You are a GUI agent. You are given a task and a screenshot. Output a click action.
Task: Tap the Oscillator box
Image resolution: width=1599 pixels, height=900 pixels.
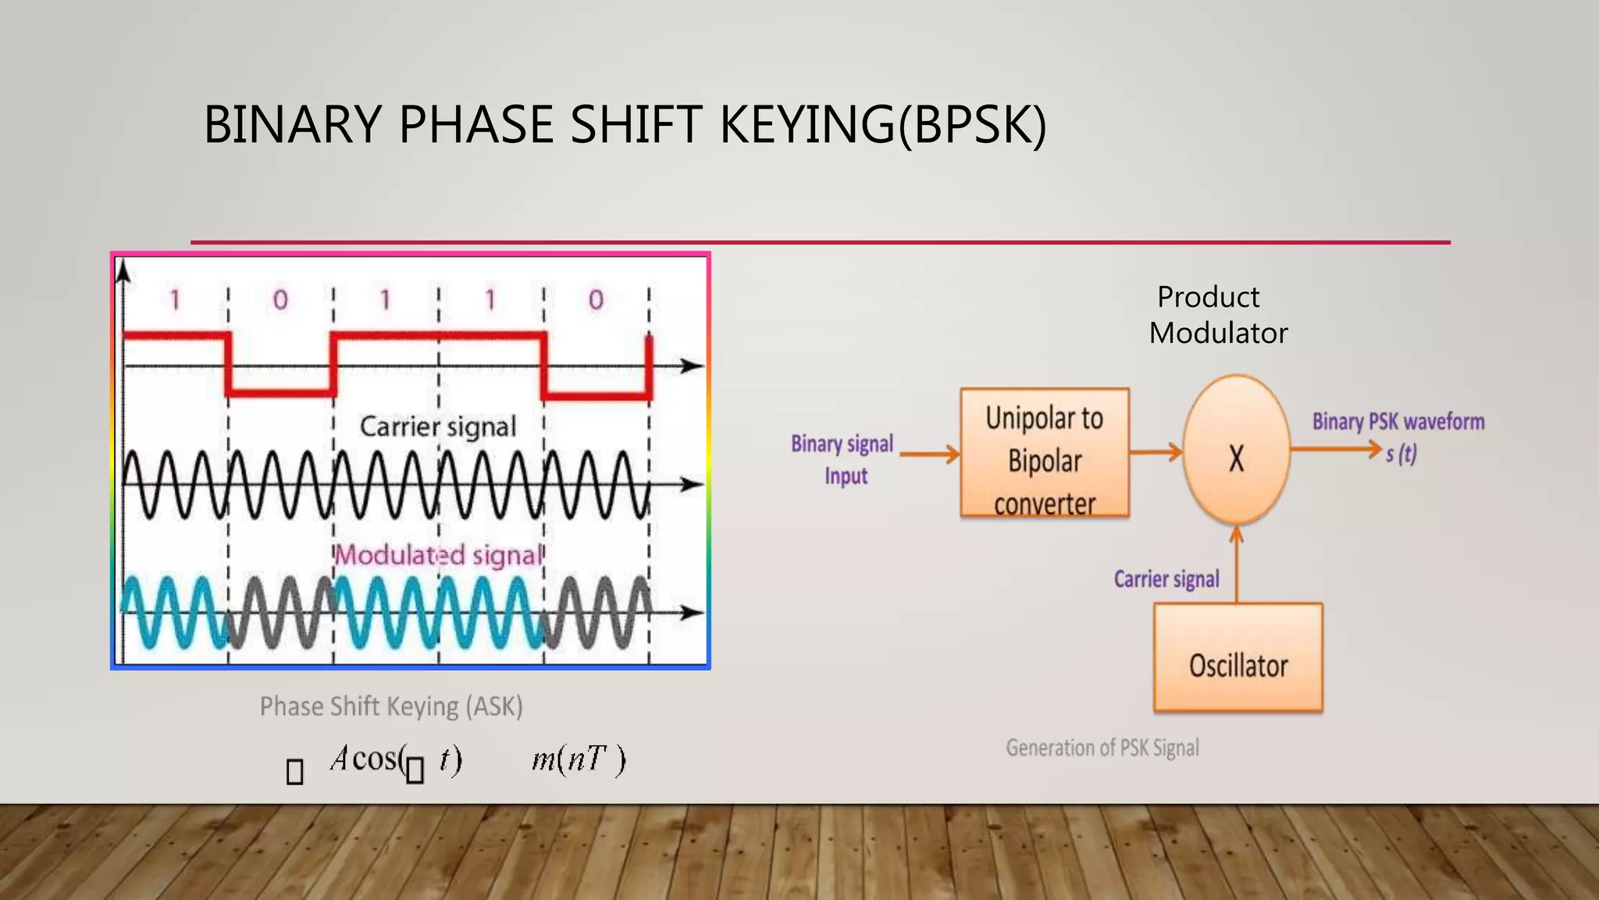[x=1238, y=658]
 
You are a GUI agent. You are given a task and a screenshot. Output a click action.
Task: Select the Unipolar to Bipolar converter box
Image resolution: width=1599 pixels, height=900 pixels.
[x=1045, y=453]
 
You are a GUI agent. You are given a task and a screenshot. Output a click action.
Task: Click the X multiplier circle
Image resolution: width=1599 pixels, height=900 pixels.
[x=1236, y=450]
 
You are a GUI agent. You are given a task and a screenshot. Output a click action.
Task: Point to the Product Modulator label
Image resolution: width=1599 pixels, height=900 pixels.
[x=1217, y=315]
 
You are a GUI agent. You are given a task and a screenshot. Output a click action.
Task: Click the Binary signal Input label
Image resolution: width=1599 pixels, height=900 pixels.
[x=843, y=459]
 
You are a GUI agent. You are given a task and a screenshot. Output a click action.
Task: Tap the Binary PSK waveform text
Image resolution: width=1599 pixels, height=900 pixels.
[x=1398, y=422]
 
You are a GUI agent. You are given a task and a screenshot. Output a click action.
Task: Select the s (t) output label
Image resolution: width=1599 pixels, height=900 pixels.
[x=1401, y=454]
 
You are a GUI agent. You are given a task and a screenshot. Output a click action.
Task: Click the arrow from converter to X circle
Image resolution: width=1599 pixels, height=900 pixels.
[x=1156, y=451]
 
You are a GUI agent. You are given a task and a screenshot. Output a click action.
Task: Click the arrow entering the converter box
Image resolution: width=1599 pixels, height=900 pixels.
[x=930, y=453]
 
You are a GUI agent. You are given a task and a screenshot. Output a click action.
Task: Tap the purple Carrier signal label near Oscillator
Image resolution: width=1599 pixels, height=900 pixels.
[x=1166, y=579]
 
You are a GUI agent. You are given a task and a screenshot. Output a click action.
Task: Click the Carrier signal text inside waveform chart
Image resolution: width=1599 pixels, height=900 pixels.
[x=438, y=427]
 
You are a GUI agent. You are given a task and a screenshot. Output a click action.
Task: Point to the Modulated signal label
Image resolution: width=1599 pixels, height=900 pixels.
[x=439, y=555]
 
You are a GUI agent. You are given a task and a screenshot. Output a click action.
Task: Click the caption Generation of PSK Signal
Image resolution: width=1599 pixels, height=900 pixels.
[x=1102, y=748]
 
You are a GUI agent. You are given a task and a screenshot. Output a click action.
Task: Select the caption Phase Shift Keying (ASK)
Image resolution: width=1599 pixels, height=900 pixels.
[x=391, y=706]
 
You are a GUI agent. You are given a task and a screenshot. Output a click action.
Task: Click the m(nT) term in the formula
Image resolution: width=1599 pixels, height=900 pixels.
[x=579, y=759]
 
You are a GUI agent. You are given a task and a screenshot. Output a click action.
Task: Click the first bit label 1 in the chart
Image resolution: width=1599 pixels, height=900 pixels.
[x=175, y=300]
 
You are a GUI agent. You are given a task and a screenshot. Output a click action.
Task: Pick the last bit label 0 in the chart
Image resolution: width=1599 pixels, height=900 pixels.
[x=596, y=300]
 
